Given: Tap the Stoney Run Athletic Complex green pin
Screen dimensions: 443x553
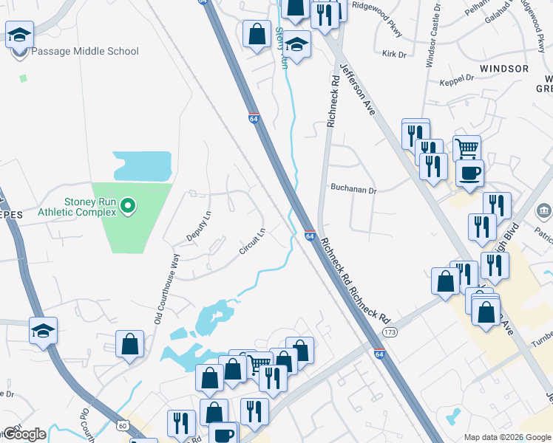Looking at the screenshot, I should coord(128,205).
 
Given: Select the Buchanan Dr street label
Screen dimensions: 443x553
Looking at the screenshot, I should coord(353,190).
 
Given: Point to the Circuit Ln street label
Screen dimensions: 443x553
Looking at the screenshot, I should coord(252,242).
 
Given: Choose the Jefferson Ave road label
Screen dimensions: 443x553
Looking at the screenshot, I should coord(358,89).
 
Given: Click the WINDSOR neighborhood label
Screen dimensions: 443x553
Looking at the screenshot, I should coord(504,69).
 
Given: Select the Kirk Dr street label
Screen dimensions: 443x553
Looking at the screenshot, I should coord(395,55).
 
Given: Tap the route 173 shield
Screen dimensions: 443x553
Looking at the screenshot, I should coord(390,332).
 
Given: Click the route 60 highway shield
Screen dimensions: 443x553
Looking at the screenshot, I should coord(123,425).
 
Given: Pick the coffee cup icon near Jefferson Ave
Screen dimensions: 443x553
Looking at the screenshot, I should coord(469,174).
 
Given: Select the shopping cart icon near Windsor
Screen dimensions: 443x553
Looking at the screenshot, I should coord(467,148).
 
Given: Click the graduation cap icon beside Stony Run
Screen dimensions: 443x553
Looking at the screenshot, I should coord(296,46).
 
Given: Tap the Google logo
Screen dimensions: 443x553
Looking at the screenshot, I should coord(24,434).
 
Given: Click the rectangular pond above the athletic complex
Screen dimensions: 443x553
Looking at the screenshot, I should coord(142,165).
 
